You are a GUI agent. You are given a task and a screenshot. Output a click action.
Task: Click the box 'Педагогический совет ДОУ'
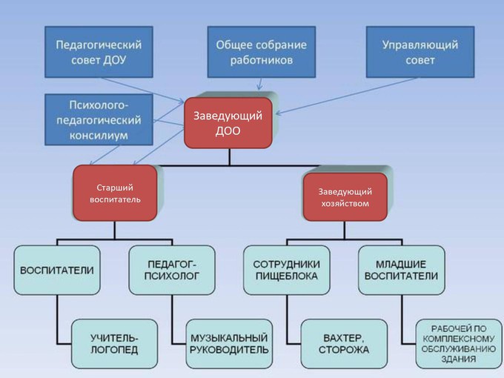(x=99, y=52)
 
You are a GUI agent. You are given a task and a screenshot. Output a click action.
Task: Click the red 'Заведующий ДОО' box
(x=228, y=123)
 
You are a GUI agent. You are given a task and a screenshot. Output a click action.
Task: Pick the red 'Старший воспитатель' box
(x=115, y=193)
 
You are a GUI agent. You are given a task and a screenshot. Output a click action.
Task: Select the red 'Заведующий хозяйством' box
(x=344, y=197)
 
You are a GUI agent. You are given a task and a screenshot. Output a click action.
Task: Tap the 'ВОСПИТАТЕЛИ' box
(x=56, y=271)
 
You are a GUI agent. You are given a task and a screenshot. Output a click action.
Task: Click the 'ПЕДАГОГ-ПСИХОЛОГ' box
(x=171, y=271)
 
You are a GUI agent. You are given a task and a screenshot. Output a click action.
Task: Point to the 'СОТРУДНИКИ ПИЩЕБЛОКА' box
(x=286, y=271)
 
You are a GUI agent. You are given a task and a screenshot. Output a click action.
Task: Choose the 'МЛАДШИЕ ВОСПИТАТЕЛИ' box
(x=402, y=271)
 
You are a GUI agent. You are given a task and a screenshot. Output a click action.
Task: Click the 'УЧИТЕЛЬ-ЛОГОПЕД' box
(x=114, y=343)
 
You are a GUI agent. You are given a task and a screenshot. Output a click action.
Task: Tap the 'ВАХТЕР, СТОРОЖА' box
(x=344, y=343)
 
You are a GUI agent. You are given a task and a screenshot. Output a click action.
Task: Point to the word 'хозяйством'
(x=344, y=204)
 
